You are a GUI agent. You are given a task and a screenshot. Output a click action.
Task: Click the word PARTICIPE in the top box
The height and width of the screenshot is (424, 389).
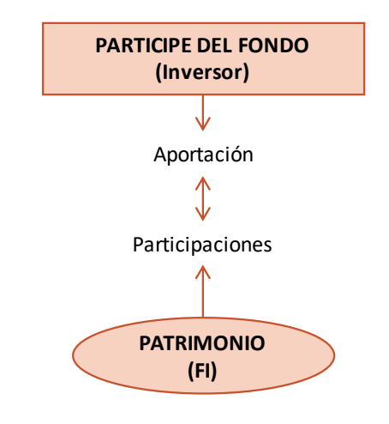144,45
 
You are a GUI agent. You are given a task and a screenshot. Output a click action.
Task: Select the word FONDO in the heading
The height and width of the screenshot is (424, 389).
273,45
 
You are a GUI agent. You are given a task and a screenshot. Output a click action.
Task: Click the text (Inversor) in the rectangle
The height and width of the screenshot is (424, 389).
202,73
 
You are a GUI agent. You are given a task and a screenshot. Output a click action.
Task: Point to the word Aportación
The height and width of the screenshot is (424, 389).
203,154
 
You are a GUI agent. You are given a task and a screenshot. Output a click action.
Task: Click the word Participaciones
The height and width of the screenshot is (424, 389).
202,245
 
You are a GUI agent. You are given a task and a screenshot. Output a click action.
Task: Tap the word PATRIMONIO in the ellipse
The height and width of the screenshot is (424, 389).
202,343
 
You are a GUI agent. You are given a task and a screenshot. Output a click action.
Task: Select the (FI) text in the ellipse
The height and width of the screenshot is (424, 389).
202,371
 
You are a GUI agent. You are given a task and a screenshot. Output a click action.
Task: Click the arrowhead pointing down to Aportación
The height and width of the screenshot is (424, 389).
203,124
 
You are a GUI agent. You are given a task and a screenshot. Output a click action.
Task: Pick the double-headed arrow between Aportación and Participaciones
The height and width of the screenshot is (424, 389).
203,199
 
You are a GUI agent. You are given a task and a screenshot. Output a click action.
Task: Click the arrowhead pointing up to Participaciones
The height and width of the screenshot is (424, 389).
203,272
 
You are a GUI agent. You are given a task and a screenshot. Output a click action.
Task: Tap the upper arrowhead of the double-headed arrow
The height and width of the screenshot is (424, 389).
203,184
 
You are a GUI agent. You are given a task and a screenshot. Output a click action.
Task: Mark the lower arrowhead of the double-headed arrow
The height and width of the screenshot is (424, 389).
203,214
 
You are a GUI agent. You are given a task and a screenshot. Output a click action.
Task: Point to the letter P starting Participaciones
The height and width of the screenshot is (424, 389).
138,245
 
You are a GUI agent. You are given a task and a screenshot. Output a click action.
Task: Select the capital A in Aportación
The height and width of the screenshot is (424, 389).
160,154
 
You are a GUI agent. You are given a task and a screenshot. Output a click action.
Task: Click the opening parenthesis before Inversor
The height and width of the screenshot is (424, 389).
159,73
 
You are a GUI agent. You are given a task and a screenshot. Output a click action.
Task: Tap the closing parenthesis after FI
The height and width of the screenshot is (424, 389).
214,372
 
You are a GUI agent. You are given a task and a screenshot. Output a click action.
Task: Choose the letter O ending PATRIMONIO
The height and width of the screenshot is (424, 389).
258,343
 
